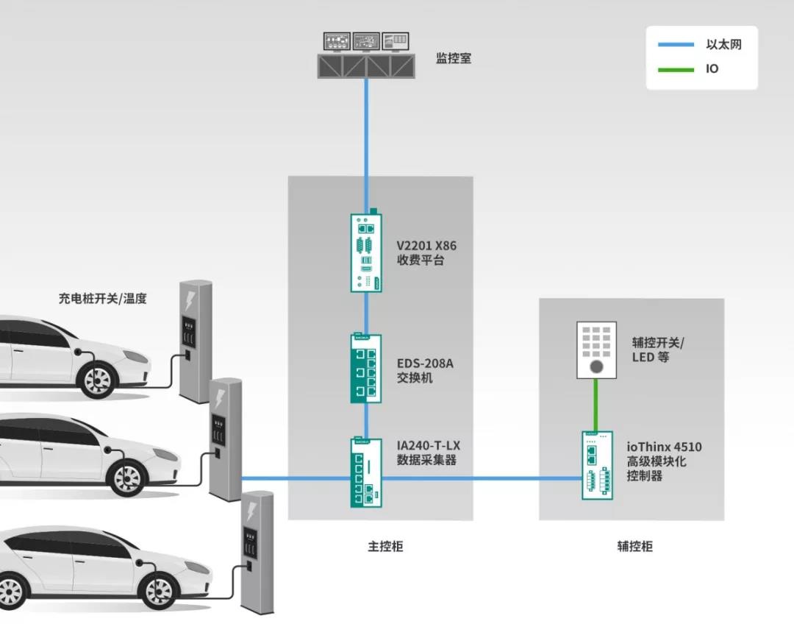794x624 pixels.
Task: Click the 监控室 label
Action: click(454, 58)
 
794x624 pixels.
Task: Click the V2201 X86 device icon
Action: click(366, 252)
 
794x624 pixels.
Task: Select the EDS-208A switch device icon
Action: click(366, 369)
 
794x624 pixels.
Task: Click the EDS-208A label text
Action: click(426, 364)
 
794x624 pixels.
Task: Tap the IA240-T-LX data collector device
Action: click(366, 472)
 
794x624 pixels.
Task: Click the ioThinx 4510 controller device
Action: click(597, 465)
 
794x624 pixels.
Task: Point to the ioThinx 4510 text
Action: click(664, 447)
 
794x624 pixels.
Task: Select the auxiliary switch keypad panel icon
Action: click(596, 350)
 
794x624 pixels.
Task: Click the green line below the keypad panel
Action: click(596, 405)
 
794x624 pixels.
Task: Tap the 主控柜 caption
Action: click(386, 547)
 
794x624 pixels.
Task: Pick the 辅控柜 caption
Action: click(635, 547)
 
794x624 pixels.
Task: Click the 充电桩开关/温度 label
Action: click(103, 299)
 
